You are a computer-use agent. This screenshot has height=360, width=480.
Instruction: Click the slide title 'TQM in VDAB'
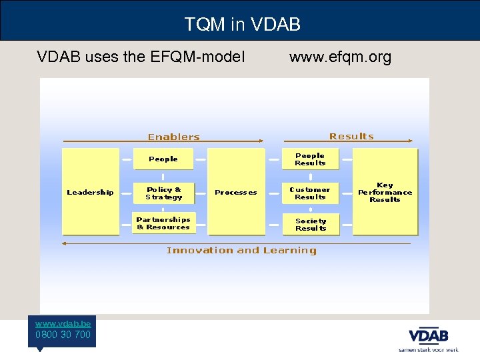(242, 25)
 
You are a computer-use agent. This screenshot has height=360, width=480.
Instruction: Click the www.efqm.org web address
(340, 57)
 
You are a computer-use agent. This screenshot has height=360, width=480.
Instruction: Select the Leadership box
(91, 192)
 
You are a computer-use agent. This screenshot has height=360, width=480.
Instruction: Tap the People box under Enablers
(163, 159)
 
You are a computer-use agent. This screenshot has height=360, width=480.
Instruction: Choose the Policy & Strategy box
(163, 193)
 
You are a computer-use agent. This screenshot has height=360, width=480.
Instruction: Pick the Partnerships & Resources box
(163, 223)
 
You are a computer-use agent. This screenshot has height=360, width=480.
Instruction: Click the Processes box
(236, 192)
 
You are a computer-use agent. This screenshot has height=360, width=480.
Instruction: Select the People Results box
(310, 159)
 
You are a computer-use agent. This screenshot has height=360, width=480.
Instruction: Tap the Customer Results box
(310, 193)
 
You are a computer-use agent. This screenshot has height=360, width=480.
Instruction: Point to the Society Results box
(311, 225)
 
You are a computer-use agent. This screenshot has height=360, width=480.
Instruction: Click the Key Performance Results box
(385, 192)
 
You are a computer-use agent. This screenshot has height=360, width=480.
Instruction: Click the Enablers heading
(173, 137)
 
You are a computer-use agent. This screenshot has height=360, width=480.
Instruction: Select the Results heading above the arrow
(351, 136)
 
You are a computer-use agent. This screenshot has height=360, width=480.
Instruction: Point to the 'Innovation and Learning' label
(241, 251)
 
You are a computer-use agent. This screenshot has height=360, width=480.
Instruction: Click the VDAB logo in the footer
(428, 335)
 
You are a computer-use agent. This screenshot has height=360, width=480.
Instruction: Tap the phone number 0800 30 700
(63, 335)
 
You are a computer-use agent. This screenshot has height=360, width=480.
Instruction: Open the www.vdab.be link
(63, 323)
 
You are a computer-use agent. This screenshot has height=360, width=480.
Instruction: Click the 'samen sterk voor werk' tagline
(428, 349)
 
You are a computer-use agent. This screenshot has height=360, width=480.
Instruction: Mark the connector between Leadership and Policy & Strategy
(126, 193)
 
